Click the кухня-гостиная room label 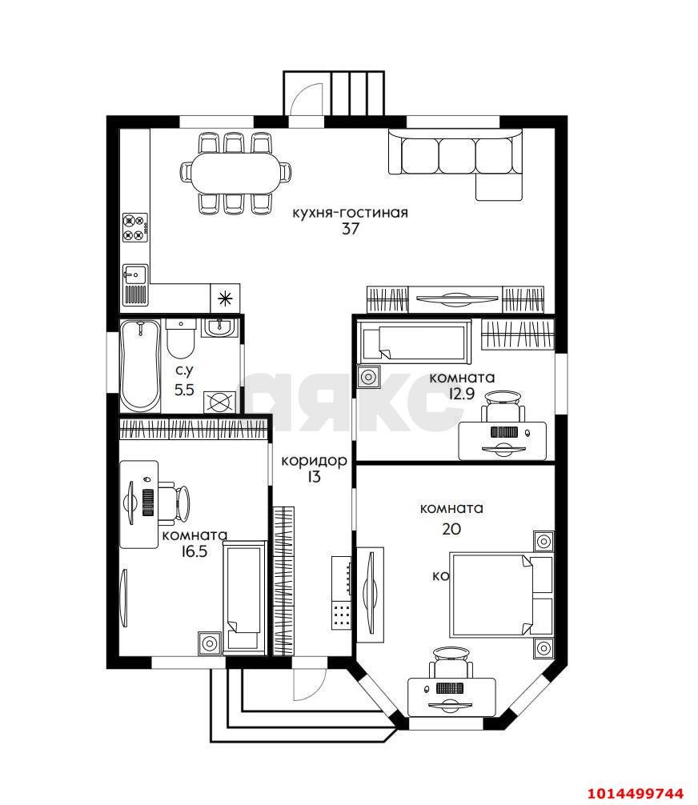click(x=351, y=213)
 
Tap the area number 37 click(x=351, y=229)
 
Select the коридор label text click(x=314, y=461)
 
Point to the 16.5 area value click(x=194, y=551)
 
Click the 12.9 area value click(x=461, y=394)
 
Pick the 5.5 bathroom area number click(x=184, y=390)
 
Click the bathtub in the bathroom click(x=140, y=365)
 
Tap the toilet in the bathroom click(x=180, y=338)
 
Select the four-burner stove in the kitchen click(x=135, y=227)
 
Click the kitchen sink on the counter click(x=135, y=285)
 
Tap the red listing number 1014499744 click(x=636, y=793)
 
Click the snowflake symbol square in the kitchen click(x=225, y=298)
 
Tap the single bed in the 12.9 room click(x=415, y=340)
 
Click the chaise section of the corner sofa click(x=499, y=187)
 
